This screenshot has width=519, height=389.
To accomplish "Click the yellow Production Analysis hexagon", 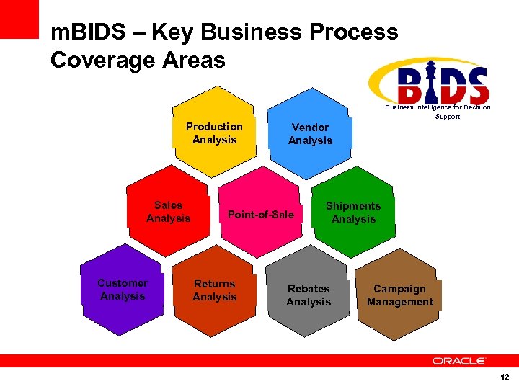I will (214, 133).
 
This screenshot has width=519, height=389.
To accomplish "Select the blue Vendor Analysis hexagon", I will (310, 134).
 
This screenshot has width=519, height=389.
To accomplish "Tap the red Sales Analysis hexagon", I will (169, 212).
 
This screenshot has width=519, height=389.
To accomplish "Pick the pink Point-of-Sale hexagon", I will (261, 214).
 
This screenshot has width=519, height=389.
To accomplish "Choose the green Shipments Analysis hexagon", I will (353, 213).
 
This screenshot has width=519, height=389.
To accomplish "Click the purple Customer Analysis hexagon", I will (123, 290).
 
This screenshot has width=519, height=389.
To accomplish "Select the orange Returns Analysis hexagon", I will (214, 290).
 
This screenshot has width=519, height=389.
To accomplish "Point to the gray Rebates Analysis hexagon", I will (308, 295).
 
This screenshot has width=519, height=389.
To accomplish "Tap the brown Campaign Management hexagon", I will (399, 295).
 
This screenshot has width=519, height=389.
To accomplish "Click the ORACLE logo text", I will (459, 360).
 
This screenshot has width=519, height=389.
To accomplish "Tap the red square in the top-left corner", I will (19, 19).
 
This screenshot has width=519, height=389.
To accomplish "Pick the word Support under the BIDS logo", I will (447, 116).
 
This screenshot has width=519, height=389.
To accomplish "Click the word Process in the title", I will (353, 32).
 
